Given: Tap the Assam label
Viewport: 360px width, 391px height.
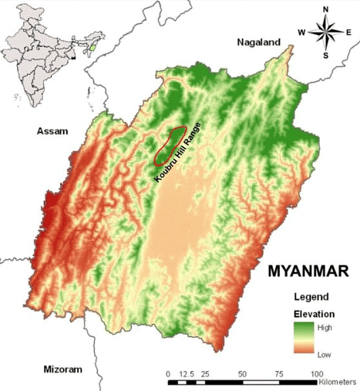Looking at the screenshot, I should (51, 132).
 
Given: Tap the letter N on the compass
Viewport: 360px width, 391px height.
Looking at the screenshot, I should (326, 9).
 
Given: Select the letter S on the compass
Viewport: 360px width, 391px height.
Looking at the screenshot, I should (326, 56).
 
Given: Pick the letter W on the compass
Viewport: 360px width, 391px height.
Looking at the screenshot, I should (301, 32).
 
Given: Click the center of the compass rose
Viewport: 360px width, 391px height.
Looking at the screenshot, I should (326, 32).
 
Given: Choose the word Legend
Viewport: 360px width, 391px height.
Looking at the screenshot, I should (311, 297).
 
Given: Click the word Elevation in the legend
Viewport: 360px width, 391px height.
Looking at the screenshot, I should (313, 314).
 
